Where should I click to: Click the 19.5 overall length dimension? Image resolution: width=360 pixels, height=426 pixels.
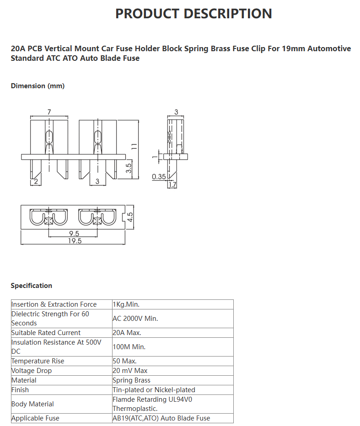pyautogui.click(x=75, y=241)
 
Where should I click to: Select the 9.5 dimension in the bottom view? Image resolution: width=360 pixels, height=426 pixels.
pyautogui.click(x=74, y=234)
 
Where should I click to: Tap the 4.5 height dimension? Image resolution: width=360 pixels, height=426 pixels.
pyautogui.click(x=130, y=217)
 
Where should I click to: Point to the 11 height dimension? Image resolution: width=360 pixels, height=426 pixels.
pyautogui.click(x=134, y=146)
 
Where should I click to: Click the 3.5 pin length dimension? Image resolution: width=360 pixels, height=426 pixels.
pyautogui.click(x=129, y=168)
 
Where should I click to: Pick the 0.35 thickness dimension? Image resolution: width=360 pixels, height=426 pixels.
pyautogui.click(x=159, y=176)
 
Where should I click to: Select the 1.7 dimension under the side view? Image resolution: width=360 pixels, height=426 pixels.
pyautogui.click(x=172, y=185)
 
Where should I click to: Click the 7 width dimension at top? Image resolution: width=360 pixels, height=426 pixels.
pyautogui.click(x=49, y=112)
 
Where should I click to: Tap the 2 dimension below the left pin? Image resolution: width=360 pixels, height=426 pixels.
pyautogui.click(x=36, y=181)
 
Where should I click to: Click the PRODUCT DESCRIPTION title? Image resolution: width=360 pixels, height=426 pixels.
pyautogui.click(x=193, y=14)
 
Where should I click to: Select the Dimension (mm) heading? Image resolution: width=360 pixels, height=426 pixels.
pyautogui.click(x=38, y=86)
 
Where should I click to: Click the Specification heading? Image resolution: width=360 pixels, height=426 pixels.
pyautogui.click(x=31, y=286)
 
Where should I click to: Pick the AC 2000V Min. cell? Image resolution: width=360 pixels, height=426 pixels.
pyautogui.click(x=135, y=319)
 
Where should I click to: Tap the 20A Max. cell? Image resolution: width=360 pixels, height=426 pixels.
pyautogui.click(x=127, y=333)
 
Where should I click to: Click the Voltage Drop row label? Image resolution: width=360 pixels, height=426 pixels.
pyautogui.click(x=32, y=371)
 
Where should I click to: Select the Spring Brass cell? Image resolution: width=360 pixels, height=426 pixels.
pyautogui.click(x=131, y=380)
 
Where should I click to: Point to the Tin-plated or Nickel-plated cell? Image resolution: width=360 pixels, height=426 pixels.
pyautogui.click(x=154, y=390)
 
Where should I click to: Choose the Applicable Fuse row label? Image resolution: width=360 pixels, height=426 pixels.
pyautogui.click(x=35, y=418)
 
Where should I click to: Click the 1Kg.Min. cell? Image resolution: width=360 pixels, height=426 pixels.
pyautogui.click(x=126, y=304)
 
